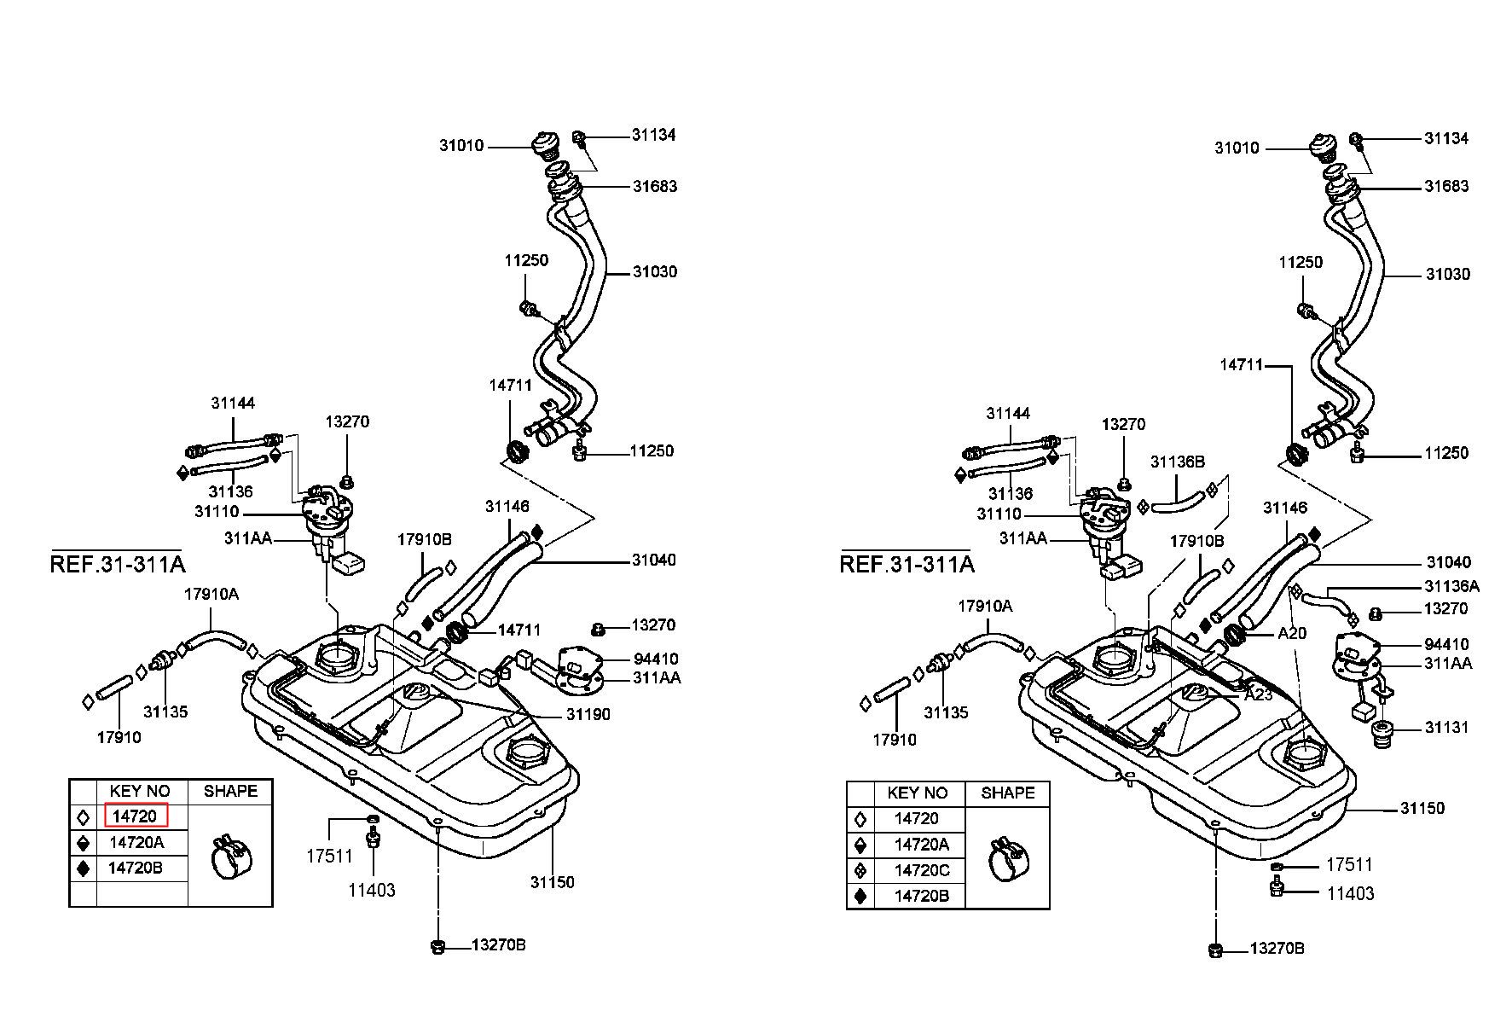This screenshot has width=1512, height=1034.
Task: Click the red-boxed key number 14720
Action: pos(135,816)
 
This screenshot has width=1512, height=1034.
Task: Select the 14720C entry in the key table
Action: pos(921,870)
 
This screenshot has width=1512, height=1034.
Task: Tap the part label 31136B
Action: pos(1178,462)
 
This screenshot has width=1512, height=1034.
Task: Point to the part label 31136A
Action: pos(1452,586)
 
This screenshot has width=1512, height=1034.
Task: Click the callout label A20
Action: pos(1292,634)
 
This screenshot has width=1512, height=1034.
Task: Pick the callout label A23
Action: pos(1259,694)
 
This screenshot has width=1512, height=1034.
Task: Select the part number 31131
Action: pos(1447,728)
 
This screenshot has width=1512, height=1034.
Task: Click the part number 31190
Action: pos(588,714)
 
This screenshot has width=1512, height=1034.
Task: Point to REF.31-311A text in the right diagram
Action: pos(907,564)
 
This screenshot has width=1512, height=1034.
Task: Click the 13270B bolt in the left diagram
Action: pos(438,945)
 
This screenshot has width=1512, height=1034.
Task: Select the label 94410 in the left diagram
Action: pos(656,659)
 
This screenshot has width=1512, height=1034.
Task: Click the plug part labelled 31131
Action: pos(1382,734)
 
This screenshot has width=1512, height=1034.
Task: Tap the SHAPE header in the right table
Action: pos(1007,793)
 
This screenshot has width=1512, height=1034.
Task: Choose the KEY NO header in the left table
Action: pos(140,791)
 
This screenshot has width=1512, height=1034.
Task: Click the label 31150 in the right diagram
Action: pos(1422,807)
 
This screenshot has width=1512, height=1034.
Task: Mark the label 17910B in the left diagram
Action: pos(424,539)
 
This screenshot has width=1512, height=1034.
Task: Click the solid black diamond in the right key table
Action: pos(860,897)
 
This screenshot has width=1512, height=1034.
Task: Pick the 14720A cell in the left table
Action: pos(136,842)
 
